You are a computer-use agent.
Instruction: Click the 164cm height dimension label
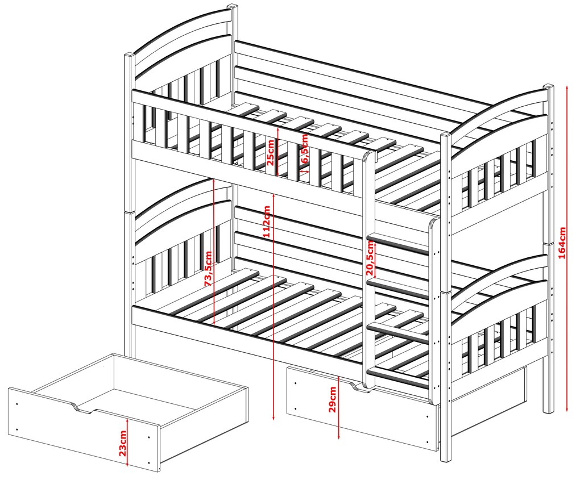click(x=562, y=243)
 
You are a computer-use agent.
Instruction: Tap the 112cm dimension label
click(x=267, y=222)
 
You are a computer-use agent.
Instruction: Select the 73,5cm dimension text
click(x=208, y=269)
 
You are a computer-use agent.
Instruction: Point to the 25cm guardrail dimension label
click(x=271, y=153)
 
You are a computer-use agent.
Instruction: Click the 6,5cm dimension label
click(x=304, y=148)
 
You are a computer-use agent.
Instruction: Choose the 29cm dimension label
click(x=332, y=399)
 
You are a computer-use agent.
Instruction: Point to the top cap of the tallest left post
click(x=233, y=7)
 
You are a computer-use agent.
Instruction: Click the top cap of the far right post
click(x=549, y=87)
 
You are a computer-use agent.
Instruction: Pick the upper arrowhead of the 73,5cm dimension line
click(x=214, y=181)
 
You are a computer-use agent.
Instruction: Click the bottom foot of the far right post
click(x=548, y=408)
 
